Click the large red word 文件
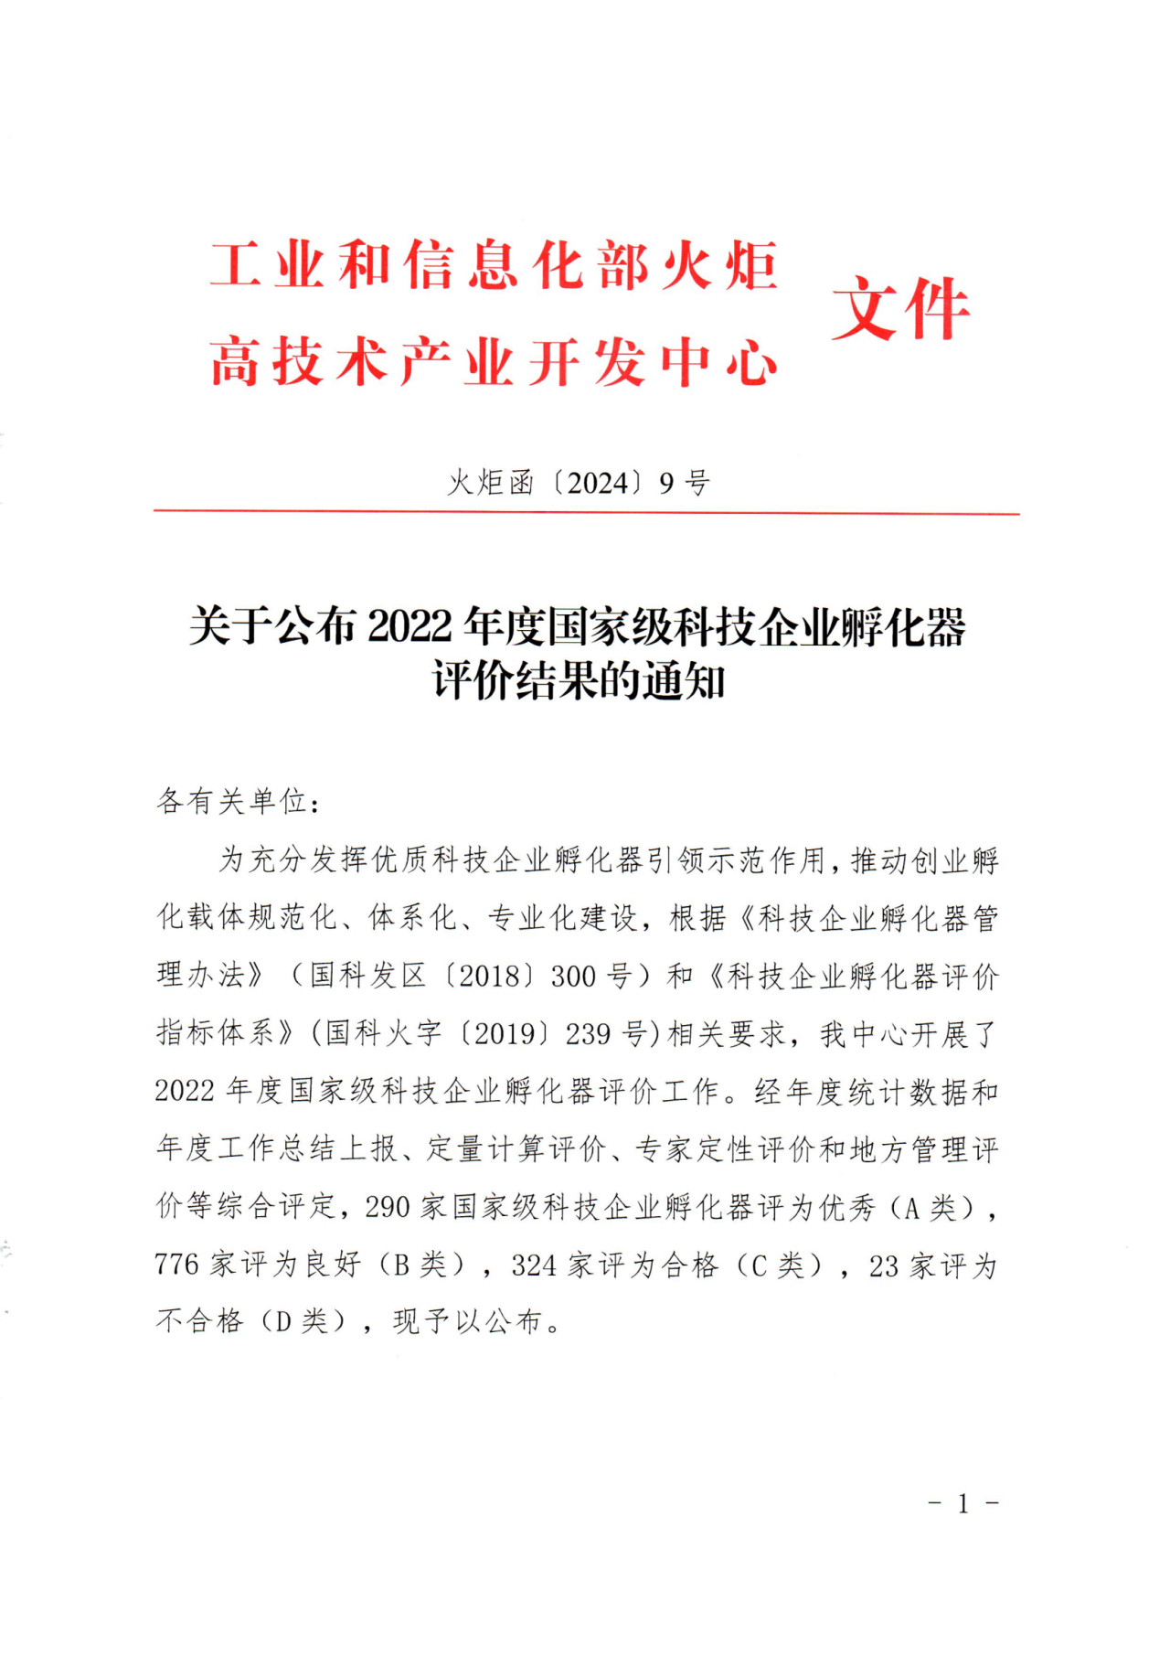[x=900, y=311]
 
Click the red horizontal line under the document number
[x=585, y=513]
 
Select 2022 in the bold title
[x=410, y=627]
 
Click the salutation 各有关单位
[x=232, y=802]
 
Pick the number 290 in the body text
[x=388, y=1207]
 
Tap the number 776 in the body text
[x=176, y=1265]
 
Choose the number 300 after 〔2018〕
[x=573, y=977]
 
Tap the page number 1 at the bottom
[x=963, y=1505]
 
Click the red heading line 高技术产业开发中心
[x=494, y=362]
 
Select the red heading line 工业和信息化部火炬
[x=494, y=266]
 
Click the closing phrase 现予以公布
[x=468, y=1322]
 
